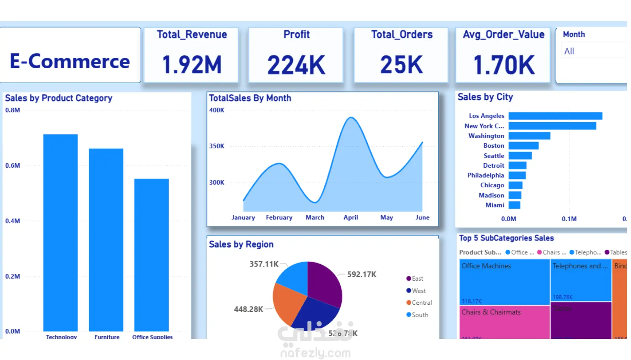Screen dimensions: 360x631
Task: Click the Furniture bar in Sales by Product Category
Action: coord(106,239)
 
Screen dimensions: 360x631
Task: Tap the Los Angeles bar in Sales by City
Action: coord(555,116)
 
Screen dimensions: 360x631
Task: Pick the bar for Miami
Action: coord(514,205)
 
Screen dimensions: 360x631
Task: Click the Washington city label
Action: coord(486,136)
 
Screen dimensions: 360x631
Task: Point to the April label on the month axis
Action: coord(351,217)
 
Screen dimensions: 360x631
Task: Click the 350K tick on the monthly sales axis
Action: coord(217,146)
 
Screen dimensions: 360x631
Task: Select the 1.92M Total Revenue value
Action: coord(192,65)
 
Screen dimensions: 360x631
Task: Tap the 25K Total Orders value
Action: coord(402,65)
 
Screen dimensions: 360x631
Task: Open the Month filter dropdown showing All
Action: coord(594,51)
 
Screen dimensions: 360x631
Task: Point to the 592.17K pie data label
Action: coord(362,274)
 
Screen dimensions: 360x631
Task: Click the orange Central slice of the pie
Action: coord(287,302)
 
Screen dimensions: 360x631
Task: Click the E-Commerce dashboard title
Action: coord(70,61)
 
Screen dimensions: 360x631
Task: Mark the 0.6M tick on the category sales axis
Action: coord(13,166)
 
